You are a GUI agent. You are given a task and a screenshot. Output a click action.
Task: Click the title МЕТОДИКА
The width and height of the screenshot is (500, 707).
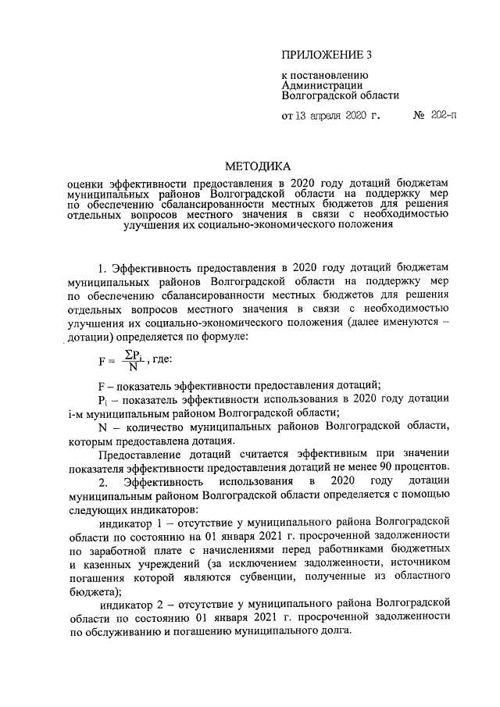point(257,166)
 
